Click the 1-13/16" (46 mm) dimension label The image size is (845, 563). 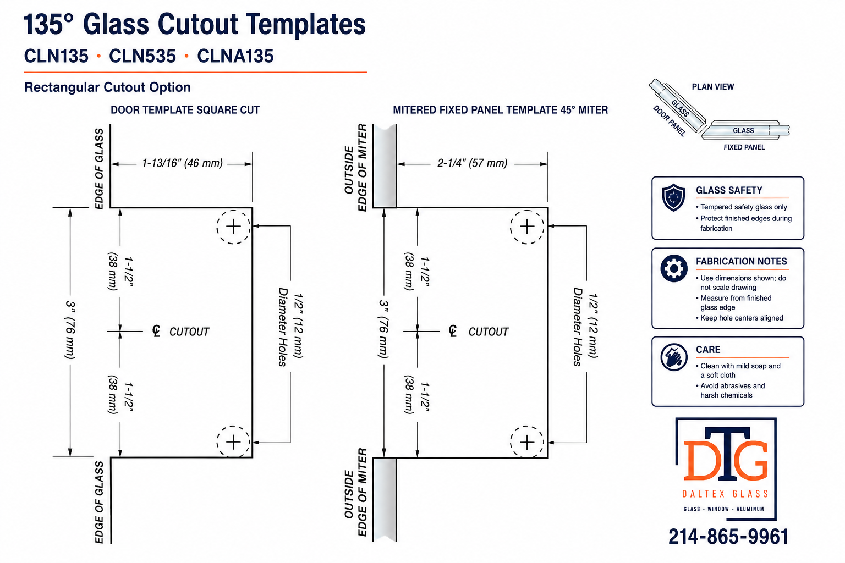[x=182, y=163]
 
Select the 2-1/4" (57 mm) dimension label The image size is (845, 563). [x=473, y=163]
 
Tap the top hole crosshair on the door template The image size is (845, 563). [x=233, y=227]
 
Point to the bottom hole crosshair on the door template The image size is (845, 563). [x=233, y=443]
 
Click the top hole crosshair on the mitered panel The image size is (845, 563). [x=526, y=227]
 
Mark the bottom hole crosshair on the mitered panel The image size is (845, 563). [x=526, y=443]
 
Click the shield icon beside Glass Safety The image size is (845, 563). [x=673, y=197]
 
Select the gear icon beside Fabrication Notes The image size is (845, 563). [x=674, y=268]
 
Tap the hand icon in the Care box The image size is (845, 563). [x=674, y=357]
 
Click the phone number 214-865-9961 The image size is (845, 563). [x=728, y=537]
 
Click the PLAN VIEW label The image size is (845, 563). [x=712, y=87]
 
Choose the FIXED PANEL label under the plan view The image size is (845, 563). [x=744, y=147]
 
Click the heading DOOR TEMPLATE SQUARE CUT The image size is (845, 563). [x=185, y=110]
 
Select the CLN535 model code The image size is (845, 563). [x=142, y=56]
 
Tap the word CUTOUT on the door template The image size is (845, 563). [x=189, y=332]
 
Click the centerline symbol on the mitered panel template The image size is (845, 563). [x=453, y=331]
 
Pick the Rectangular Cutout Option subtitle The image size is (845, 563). [x=107, y=87]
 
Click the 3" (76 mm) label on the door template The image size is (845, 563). [x=70, y=329]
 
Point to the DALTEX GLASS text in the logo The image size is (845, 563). [x=726, y=494]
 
